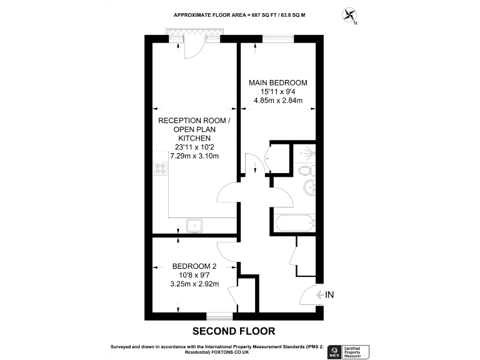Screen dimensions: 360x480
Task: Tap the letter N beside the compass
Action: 356,24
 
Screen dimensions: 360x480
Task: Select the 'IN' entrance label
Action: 329,294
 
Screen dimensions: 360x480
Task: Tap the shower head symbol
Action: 306,152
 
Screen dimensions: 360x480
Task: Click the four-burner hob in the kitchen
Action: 160,169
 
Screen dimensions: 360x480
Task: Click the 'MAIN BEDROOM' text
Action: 277,82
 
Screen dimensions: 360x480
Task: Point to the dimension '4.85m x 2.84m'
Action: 277,101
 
